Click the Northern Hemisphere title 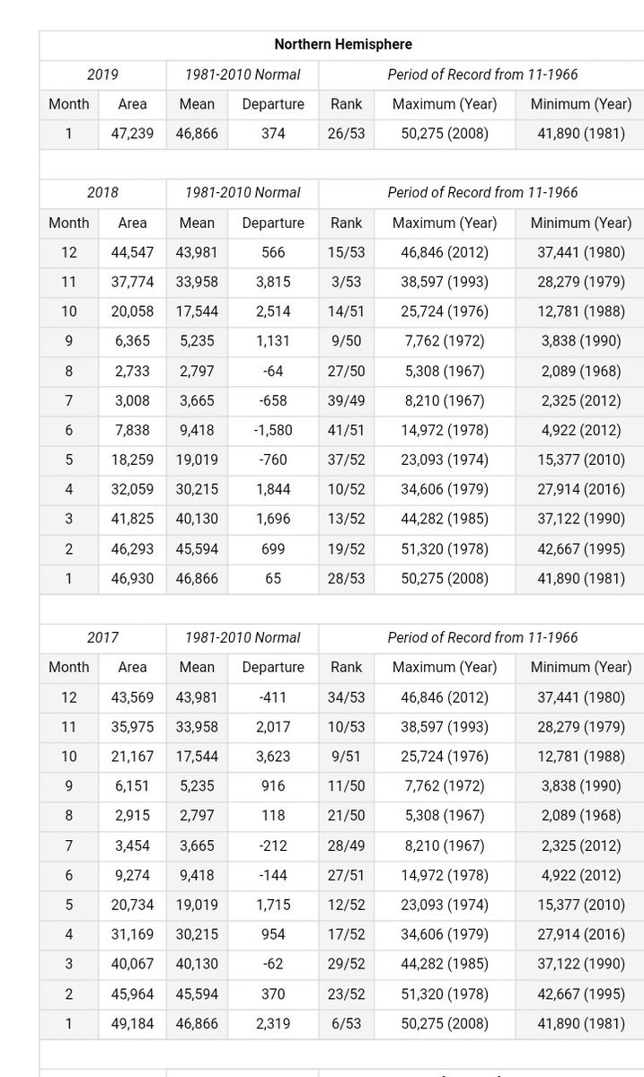(x=343, y=44)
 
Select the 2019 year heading (x=102, y=74)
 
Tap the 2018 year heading (x=102, y=192)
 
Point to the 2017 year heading (x=102, y=637)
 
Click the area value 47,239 (x=132, y=134)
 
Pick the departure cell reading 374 (x=273, y=134)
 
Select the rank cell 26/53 (x=346, y=134)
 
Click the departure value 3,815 (x=273, y=282)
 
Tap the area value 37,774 (x=132, y=282)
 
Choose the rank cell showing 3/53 (x=346, y=282)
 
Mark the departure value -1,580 (x=273, y=430)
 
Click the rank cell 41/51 (x=346, y=430)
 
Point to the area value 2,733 (x=132, y=371)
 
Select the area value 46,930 (x=132, y=578)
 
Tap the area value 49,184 (x=132, y=1023)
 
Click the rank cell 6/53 (x=346, y=1023)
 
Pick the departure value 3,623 (x=273, y=757)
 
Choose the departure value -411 (x=273, y=697)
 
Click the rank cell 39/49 (x=346, y=400)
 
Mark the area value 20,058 (x=132, y=311)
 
